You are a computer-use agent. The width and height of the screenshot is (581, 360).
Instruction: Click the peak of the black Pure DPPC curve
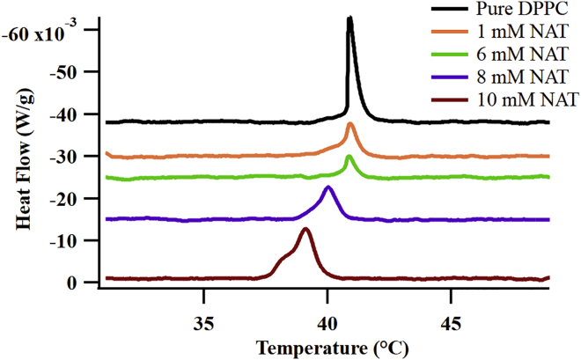[350, 18]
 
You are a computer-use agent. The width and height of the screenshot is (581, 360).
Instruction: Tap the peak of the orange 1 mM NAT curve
[350, 125]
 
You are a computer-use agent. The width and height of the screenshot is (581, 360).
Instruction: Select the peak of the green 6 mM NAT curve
[349, 157]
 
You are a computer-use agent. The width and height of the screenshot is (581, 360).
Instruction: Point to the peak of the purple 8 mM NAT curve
[328, 187]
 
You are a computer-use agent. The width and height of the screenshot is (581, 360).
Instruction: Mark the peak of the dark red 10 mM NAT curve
[305, 230]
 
